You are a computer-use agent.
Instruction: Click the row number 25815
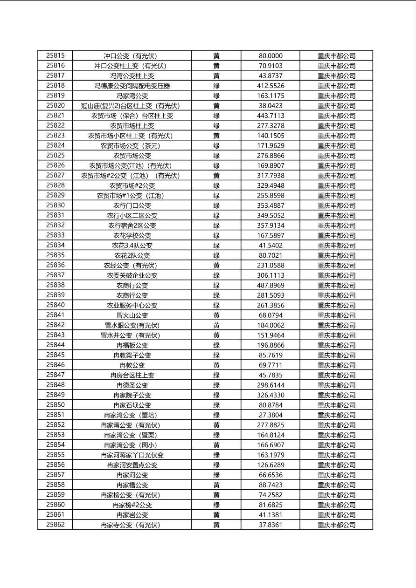[x=55, y=55]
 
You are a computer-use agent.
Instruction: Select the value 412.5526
[x=270, y=86]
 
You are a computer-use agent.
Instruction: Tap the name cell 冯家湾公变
[x=132, y=96]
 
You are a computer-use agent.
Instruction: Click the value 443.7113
[x=270, y=116]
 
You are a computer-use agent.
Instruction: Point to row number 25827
[x=55, y=175]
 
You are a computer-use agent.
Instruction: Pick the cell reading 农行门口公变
[x=132, y=205]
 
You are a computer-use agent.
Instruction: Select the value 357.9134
[x=270, y=226]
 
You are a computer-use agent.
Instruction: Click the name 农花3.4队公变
[x=132, y=246]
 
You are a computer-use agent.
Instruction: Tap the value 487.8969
[x=270, y=285]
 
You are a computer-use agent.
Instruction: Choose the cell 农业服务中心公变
[x=132, y=305]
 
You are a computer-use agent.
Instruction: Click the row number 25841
[x=55, y=315]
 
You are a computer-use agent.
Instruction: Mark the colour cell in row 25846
[x=216, y=365]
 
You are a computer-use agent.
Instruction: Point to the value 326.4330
[x=270, y=395]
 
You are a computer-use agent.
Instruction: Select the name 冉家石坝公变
[x=132, y=405]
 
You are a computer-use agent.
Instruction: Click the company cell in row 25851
[x=336, y=415]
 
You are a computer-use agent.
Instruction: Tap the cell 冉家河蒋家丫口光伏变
[x=132, y=455]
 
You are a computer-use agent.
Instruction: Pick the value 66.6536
[x=270, y=475]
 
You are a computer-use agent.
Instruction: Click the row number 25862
[x=55, y=525]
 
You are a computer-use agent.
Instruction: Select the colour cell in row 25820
[x=216, y=106]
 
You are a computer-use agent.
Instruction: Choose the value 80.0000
[x=270, y=56]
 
